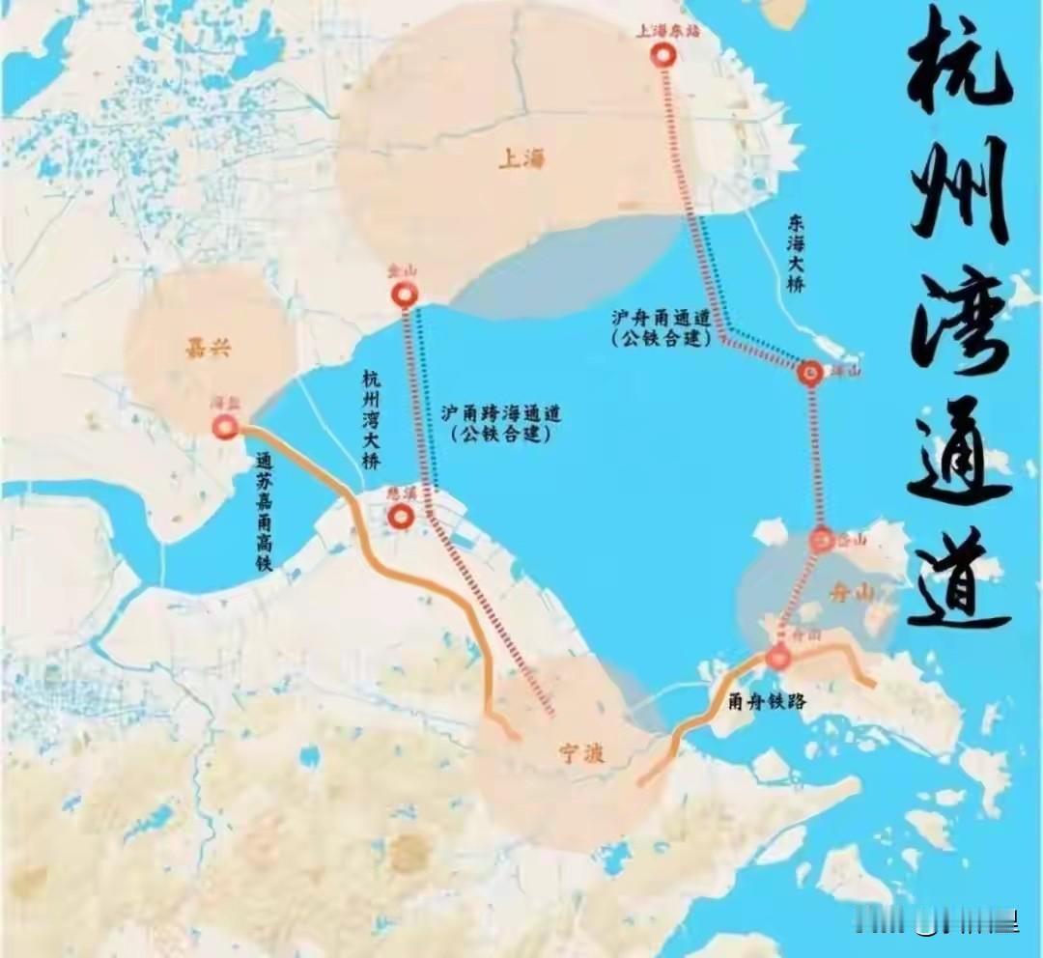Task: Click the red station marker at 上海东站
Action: [x=663, y=57]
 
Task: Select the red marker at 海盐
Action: [x=226, y=427]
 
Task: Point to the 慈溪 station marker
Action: [x=402, y=518]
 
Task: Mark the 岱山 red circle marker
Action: [x=823, y=541]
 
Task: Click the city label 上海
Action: [x=521, y=158]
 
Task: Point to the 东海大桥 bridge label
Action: [x=797, y=253]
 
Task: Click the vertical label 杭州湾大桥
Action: [x=372, y=419]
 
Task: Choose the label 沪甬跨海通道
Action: [x=500, y=412]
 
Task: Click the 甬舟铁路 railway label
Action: [x=767, y=703]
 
